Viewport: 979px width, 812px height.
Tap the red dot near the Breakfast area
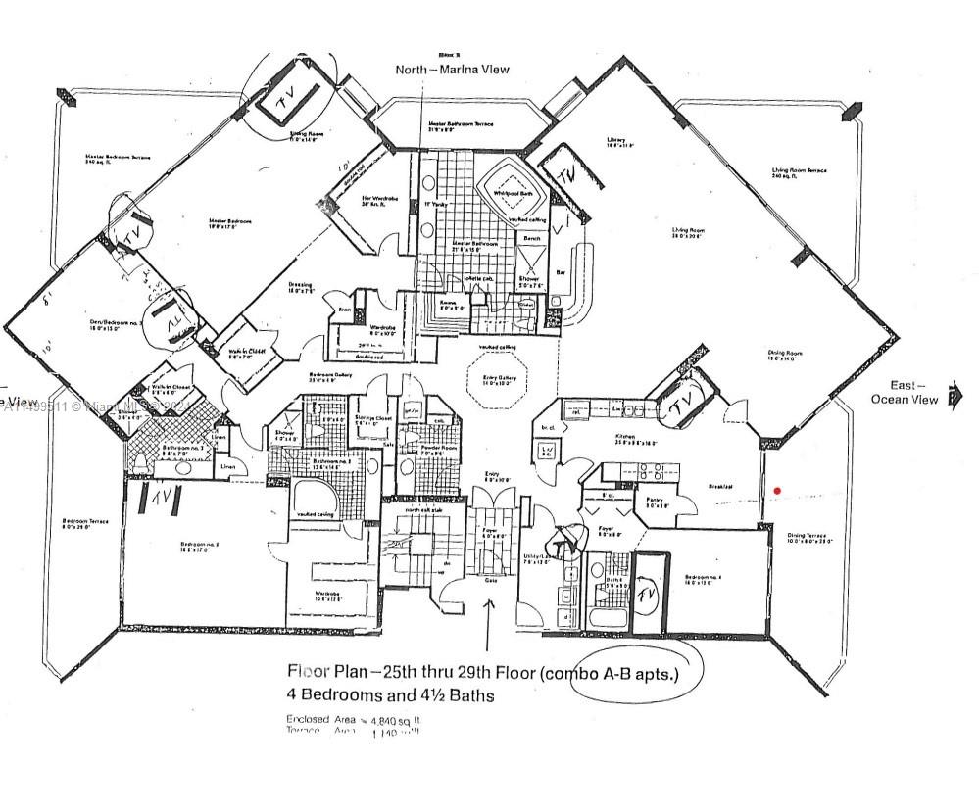pos(777,490)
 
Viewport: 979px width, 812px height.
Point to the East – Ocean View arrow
pos(955,398)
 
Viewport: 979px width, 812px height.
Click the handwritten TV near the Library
pos(566,172)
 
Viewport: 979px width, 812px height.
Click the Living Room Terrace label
pos(799,172)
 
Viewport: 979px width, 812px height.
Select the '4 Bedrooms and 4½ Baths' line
pos(390,695)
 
